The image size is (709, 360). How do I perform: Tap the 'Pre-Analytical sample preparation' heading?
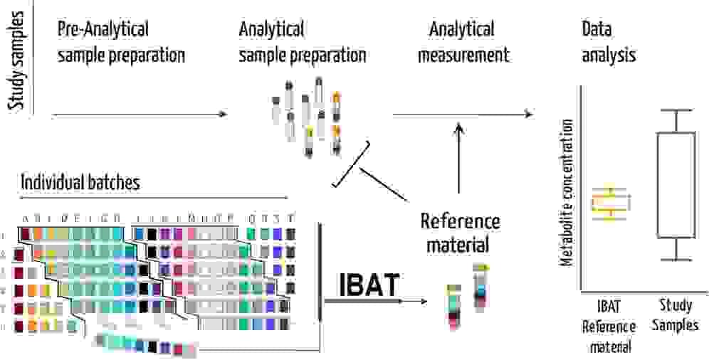click(x=121, y=43)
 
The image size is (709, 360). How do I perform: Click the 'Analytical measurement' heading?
click(x=463, y=43)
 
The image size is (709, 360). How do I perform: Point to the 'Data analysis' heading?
click(x=609, y=43)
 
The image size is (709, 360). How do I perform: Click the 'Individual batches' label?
click(x=80, y=182)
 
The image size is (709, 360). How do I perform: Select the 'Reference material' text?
click(x=460, y=233)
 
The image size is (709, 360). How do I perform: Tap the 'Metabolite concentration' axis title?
click(x=567, y=192)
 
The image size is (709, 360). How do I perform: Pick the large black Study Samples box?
click(x=675, y=185)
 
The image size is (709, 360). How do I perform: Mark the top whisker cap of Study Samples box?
click(x=675, y=110)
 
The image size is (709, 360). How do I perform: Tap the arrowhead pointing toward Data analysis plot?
click(x=528, y=114)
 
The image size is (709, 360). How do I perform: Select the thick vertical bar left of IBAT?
click(x=322, y=274)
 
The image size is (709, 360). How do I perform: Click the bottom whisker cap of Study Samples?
click(x=675, y=260)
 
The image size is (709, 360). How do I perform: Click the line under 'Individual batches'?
click(x=153, y=197)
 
